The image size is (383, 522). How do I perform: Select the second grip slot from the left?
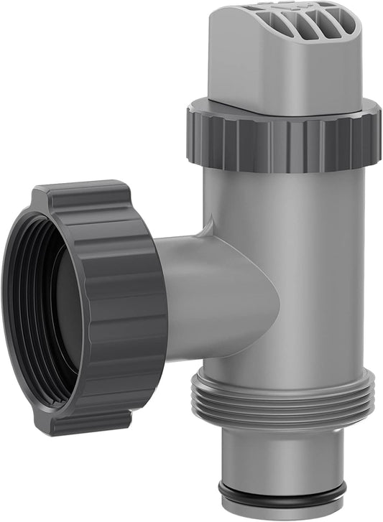[x=267, y=22]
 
